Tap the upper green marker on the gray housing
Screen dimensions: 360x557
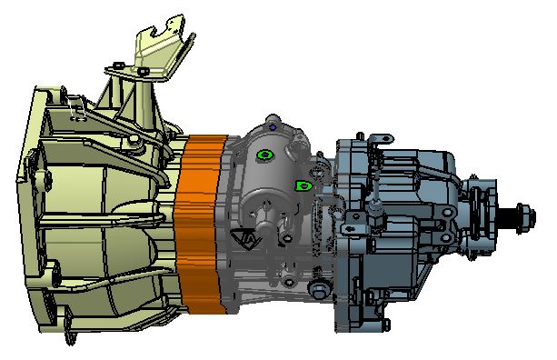[x=264, y=155]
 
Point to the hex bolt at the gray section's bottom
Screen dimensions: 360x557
[x=317, y=289]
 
